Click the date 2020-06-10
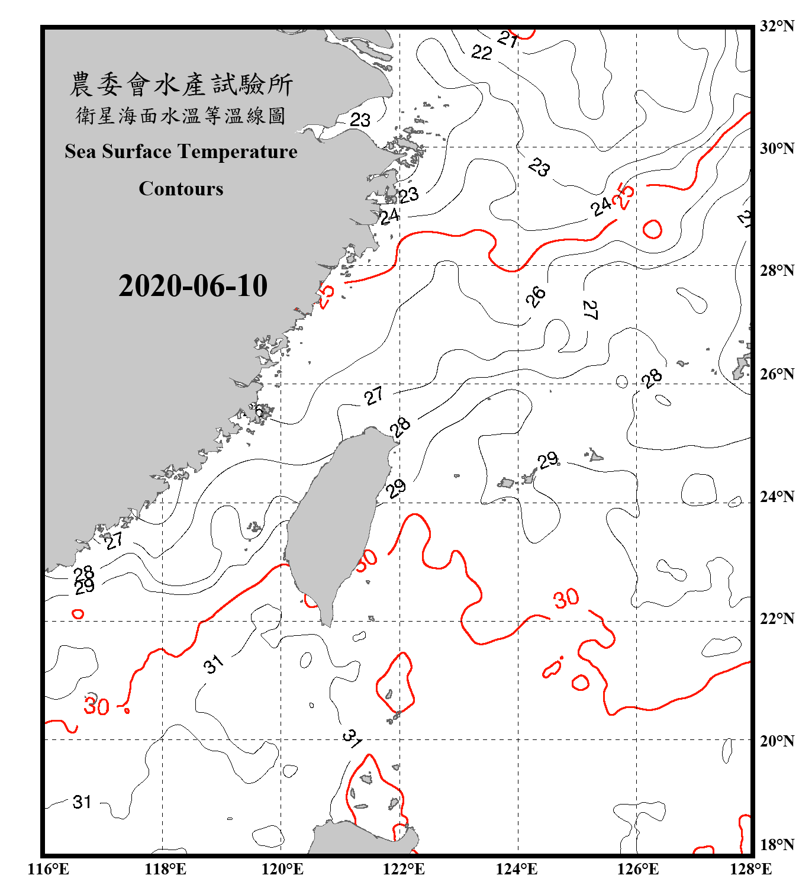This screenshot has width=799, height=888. coord(193,285)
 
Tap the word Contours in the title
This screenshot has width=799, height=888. coord(181,188)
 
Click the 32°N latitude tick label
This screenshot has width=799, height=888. coord(777,26)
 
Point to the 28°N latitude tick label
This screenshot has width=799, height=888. coord(777,271)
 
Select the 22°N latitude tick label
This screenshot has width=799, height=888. coord(777,619)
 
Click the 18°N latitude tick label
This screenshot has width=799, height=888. coord(777,845)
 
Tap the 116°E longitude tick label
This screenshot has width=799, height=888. coord(49,869)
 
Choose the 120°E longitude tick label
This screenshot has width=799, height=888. coord(282,869)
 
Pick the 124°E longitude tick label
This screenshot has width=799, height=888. coord(517,869)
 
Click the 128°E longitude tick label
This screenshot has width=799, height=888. coord(750,869)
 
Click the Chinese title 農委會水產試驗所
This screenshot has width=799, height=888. coord(181,84)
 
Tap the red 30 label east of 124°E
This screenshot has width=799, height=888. coord(566,598)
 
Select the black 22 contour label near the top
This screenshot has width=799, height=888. coord(482,53)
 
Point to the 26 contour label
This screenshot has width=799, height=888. coord(536,296)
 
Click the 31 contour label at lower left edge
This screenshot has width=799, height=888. coord(82,802)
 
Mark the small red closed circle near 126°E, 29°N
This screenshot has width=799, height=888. coord(652,229)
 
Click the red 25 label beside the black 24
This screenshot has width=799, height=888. coord(624,195)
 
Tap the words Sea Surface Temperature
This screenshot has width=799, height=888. coord(181,152)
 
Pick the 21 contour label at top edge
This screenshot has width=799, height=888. coord(508,39)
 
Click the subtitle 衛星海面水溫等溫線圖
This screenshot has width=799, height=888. coord(181,115)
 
